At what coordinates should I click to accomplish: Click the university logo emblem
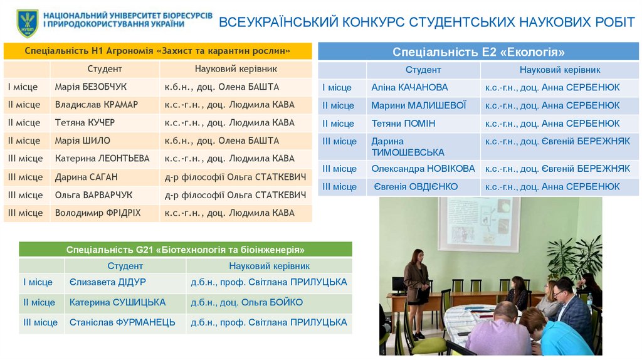(x=27, y=23)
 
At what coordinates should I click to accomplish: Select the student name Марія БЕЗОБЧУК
(x=90, y=87)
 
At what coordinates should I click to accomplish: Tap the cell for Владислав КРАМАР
(x=96, y=105)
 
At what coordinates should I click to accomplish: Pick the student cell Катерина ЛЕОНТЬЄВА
(x=102, y=159)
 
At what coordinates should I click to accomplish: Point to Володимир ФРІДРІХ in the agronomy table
(x=98, y=213)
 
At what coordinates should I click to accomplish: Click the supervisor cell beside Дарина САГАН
(x=235, y=177)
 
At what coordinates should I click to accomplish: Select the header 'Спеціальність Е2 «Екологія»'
(x=478, y=52)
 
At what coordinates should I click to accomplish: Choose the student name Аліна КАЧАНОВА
(x=409, y=88)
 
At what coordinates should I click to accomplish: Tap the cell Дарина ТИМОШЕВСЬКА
(x=408, y=147)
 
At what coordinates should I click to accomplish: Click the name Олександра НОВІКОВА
(x=423, y=169)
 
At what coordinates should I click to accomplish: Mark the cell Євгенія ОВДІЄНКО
(x=416, y=187)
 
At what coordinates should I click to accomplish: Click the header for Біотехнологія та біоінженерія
(x=185, y=250)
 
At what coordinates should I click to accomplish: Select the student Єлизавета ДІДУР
(x=107, y=282)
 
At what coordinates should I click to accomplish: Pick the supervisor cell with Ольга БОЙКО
(x=246, y=302)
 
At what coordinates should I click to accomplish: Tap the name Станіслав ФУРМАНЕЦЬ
(x=122, y=322)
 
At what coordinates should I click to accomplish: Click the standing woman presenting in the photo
(x=416, y=282)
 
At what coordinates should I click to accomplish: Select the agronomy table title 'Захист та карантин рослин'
(x=157, y=51)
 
